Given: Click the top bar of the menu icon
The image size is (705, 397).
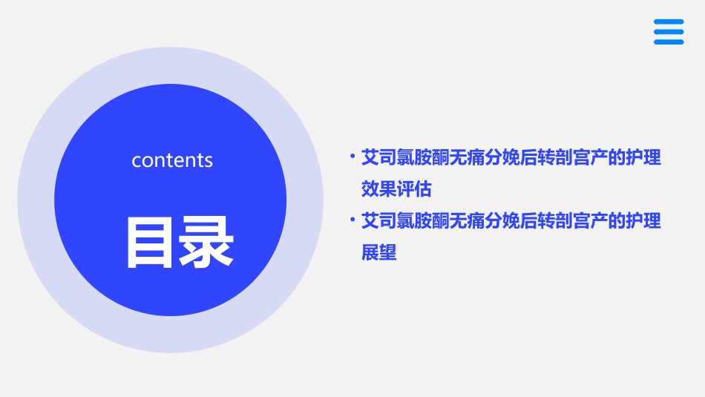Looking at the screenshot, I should click(x=669, y=22).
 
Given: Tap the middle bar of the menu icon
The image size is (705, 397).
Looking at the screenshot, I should click(x=669, y=32).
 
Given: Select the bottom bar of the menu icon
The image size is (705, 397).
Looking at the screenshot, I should click(x=669, y=42).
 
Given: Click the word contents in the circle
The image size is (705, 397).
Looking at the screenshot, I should click(x=172, y=160).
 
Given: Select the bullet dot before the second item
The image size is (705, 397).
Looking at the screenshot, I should click(x=352, y=219).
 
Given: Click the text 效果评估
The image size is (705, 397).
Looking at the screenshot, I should click(x=396, y=189).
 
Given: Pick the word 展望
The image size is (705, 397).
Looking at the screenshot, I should click(x=378, y=253).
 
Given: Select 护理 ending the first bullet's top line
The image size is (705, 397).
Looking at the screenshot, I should click(x=643, y=158).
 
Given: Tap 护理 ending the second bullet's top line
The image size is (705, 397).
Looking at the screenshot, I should click(x=643, y=221).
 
